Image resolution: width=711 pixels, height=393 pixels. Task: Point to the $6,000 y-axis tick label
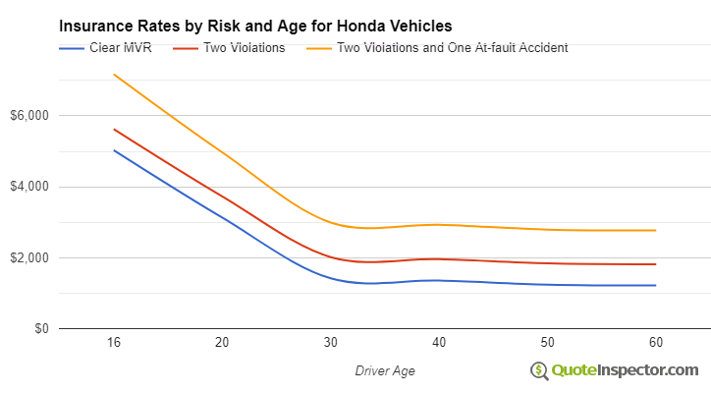click(x=30, y=116)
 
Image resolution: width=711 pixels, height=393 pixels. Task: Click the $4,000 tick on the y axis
click(x=30, y=187)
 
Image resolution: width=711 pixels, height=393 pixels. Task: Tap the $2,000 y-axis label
click(x=30, y=258)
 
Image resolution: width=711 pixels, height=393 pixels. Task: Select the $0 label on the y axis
click(x=40, y=329)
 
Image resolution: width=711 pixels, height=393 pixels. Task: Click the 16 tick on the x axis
click(x=114, y=342)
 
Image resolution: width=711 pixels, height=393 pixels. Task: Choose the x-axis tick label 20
click(x=222, y=342)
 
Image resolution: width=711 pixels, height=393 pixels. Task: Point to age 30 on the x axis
click(x=331, y=342)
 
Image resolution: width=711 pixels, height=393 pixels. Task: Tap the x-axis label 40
click(x=439, y=342)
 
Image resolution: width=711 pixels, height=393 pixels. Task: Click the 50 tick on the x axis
click(x=547, y=342)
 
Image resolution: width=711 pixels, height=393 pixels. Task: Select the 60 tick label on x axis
click(x=655, y=342)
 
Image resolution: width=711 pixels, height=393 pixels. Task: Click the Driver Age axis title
click(x=384, y=370)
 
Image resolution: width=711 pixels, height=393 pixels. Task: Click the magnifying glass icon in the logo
click(x=539, y=370)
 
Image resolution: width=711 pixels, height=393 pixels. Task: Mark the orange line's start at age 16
click(x=114, y=75)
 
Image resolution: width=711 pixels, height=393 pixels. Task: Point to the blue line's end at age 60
click(x=655, y=285)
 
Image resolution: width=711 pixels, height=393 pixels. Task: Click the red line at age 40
click(x=439, y=259)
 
